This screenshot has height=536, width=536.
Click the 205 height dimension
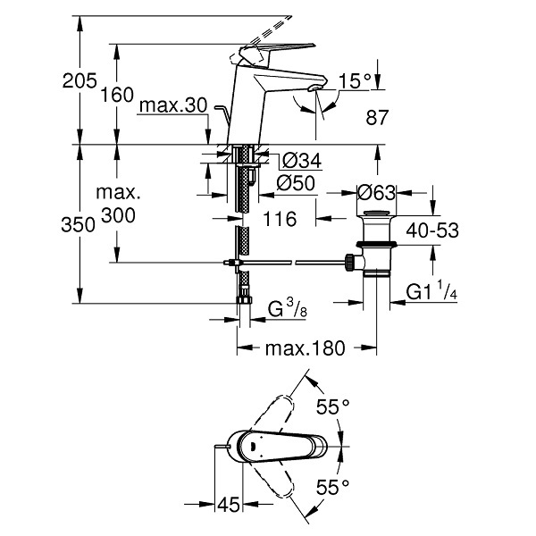pos(80,81)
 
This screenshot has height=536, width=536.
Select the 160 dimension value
pos(116,95)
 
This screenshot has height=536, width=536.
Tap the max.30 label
pos(173,105)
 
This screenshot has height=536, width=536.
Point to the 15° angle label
pos(355,81)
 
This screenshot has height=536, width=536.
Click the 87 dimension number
pos(377,117)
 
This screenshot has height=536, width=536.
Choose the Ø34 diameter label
pos(302,160)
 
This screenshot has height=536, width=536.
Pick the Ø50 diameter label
pos(296,183)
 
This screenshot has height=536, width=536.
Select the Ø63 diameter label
pos(376,193)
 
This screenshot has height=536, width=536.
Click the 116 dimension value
pos(280,219)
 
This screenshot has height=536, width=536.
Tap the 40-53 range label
pos(432,230)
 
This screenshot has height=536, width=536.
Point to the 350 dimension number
pos(78,225)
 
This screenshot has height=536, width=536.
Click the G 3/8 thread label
pos(287,307)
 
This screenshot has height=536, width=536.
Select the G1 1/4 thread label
pos(431,290)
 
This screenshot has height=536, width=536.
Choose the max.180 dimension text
pos(306,348)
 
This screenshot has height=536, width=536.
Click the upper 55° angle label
pos(332,406)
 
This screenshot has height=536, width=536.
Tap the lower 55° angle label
pos(332,487)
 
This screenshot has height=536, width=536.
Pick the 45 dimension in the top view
pos(229,505)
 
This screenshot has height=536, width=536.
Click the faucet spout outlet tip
pos(314,88)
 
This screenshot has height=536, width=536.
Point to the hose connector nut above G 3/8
pos(244,300)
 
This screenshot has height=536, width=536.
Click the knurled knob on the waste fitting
pos(349,262)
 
